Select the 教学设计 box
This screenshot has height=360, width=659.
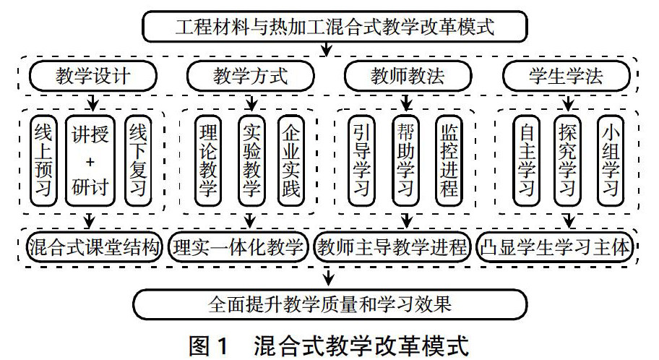[x=93, y=76]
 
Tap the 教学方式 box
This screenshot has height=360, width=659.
[x=251, y=76]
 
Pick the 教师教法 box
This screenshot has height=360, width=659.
[x=408, y=76]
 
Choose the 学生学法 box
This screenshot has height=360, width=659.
[x=564, y=76]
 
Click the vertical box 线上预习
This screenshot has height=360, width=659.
[x=46, y=160]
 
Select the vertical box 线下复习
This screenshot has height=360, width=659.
[x=137, y=160]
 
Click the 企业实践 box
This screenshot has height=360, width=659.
[x=291, y=160]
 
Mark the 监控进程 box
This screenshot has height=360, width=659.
[x=447, y=160]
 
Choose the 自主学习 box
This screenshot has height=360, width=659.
[x=527, y=160]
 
